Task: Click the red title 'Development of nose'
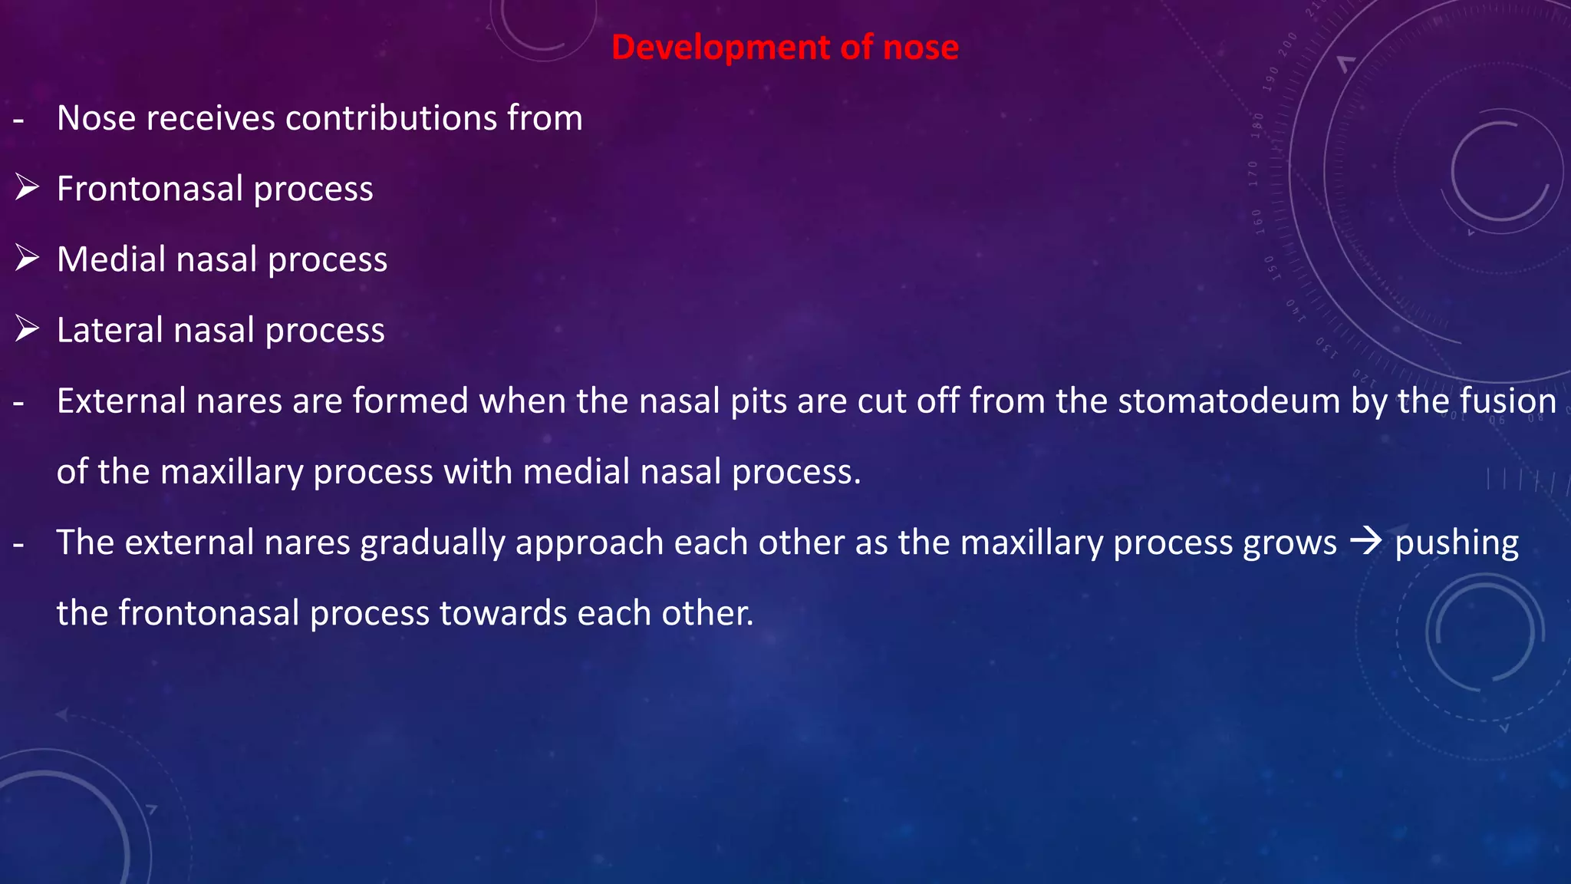pyautogui.click(x=785, y=48)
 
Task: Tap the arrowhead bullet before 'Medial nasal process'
pyautogui.click(x=27, y=259)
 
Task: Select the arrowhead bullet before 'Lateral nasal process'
pyautogui.click(x=27, y=329)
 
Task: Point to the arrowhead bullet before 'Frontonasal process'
pyautogui.click(x=27, y=188)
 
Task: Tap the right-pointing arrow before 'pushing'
pyautogui.click(x=1365, y=543)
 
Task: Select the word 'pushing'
pyautogui.click(x=1456, y=543)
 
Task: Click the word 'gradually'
pyautogui.click(x=433, y=543)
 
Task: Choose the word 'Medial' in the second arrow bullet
pyautogui.click(x=111, y=259)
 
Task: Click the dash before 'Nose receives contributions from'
pyautogui.click(x=18, y=120)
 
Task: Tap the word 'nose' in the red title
pyautogui.click(x=921, y=48)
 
